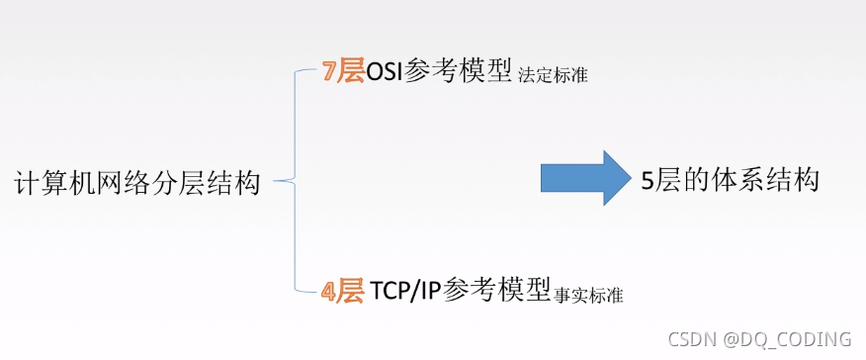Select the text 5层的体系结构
tap(730, 180)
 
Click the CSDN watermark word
tap(692, 339)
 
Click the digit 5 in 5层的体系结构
tap(649, 181)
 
